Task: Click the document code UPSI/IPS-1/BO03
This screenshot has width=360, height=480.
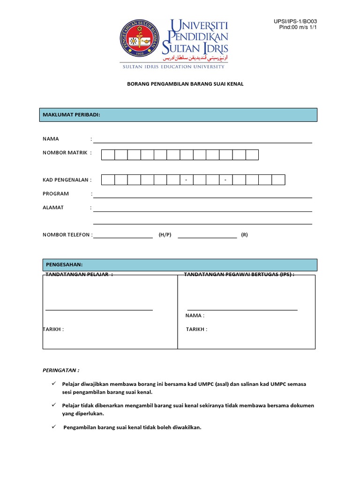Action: click(x=298, y=21)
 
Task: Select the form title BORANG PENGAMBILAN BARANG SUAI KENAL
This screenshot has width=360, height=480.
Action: click(x=180, y=84)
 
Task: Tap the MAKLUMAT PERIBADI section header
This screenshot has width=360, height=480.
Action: click(x=72, y=115)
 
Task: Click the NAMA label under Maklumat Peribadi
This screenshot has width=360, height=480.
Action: click(x=51, y=139)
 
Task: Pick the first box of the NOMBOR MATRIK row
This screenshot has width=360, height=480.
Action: click(x=108, y=155)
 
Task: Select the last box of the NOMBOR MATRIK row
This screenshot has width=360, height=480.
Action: click(x=252, y=155)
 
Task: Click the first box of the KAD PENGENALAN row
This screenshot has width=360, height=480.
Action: click(x=108, y=180)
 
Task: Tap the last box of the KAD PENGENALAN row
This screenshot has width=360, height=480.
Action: click(x=278, y=180)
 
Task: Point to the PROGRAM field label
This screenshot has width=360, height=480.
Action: click(x=56, y=194)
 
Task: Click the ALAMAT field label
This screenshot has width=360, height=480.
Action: click(x=53, y=208)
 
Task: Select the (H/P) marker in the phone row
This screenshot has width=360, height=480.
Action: click(x=165, y=235)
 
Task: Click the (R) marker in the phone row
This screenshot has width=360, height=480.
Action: click(x=244, y=235)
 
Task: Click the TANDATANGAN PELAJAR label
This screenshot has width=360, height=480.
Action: click(x=78, y=275)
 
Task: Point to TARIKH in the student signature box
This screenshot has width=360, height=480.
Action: click(x=53, y=329)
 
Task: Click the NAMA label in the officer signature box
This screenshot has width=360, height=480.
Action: click(x=195, y=315)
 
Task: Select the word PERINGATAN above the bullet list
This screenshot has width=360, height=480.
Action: click(x=61, y=370)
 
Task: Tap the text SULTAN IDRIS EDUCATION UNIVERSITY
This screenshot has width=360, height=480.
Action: click(x=173, y=67)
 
